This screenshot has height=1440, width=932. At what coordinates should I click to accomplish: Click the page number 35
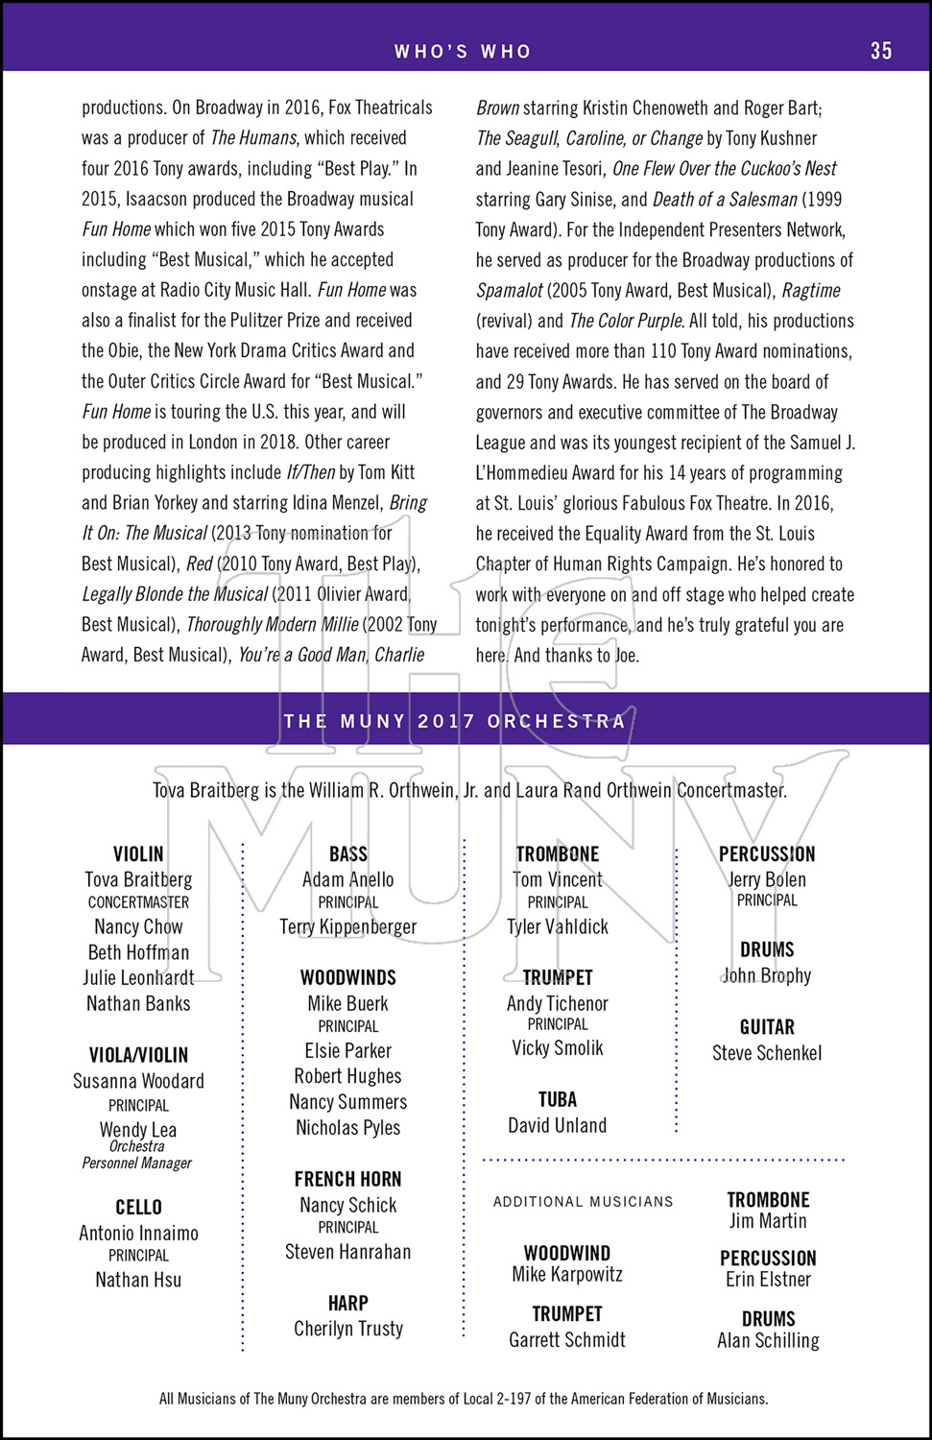point(881,51)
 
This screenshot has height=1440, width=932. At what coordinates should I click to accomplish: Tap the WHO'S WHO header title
point(463,52)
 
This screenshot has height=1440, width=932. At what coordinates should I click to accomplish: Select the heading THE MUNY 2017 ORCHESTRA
point(455,721)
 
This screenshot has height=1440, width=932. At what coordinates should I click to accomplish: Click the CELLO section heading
point(138,1207)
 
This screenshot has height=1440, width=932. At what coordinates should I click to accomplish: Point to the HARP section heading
point(347,1303)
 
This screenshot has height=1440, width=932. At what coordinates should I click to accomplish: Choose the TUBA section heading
point(557,1099)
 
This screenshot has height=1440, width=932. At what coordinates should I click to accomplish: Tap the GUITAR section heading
point(767,1026)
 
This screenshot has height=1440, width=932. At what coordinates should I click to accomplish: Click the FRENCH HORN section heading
point(347,1179)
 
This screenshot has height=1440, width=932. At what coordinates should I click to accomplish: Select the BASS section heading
point(347,853)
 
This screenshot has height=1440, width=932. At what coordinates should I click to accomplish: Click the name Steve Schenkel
point(767,1053)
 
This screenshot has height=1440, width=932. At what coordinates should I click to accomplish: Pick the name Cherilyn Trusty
point(347,1329)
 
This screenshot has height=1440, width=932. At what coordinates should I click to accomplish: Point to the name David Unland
point(557,1125)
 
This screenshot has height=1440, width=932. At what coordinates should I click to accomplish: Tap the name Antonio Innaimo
point(138,1233)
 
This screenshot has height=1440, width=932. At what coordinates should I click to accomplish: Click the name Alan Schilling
point(768,1340)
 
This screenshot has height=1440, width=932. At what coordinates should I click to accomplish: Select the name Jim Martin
point(768,1221)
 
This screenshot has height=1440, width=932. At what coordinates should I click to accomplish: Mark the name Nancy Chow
point(138,926)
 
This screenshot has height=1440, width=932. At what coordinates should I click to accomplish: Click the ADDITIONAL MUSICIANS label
point(583,1201)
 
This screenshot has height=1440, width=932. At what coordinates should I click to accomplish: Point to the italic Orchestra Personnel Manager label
point(136,1155)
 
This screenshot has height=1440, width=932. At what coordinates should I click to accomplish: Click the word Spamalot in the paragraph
point(510,291)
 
